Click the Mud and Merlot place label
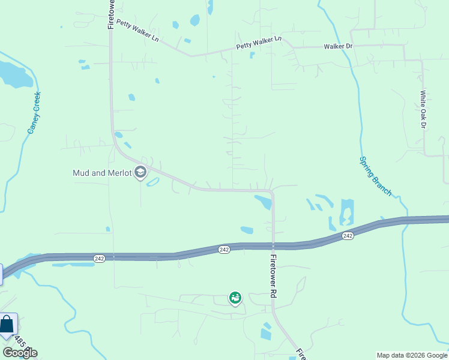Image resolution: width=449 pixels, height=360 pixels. [101, 173]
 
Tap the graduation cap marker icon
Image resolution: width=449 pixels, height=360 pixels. [140, 173]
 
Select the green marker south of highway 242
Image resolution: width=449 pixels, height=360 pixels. [235, 298]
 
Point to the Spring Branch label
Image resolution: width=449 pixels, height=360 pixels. [375, 176]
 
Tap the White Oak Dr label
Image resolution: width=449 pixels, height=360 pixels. [423, 109]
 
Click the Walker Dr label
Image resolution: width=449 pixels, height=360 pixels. [337, 46]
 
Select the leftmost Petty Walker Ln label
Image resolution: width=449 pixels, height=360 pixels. [137, 31]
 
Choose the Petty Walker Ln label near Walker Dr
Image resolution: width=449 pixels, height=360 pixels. [259, 42]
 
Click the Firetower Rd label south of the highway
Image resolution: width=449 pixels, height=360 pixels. [273, 277]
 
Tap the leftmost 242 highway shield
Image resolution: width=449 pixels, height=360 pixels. [100, 258]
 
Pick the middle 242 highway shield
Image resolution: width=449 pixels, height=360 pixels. [224, 250]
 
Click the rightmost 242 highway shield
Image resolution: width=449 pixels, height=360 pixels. [348, 236]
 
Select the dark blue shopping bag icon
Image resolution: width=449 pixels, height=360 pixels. [7, 325]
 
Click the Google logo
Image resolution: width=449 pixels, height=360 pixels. [20, 353]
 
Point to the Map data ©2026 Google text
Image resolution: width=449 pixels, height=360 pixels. [411, 355]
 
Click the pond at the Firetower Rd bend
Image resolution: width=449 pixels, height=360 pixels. [264, 202]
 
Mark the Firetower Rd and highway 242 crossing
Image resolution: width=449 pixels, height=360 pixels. [273, 246]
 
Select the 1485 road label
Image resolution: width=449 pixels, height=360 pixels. [20, 342]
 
